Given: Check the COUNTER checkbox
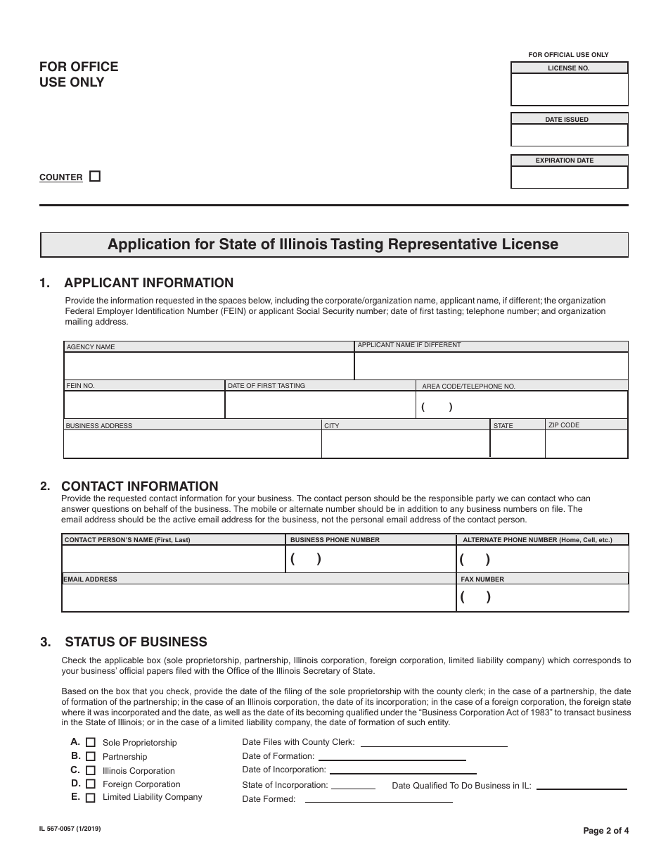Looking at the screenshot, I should click(95, 177).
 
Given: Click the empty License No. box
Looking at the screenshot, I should click(569, 89).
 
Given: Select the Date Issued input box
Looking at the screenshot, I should click(569, 135).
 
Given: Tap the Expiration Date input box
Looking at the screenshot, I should click(569, 177).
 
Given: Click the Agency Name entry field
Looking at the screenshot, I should click(209, 366).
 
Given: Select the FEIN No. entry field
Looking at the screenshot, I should click(144, 405).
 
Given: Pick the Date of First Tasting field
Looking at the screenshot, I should click(320, 405).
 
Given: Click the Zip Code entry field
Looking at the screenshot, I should click(586, 444).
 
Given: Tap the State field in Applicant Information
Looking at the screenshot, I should click(518, 444).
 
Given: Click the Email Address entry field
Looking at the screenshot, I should click(259, 598).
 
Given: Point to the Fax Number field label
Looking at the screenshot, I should click(482, 579).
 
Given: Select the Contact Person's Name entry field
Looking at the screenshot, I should click(173, 559).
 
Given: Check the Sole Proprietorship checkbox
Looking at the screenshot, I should click(91, 742).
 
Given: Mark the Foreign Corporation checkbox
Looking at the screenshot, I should click(91, 784).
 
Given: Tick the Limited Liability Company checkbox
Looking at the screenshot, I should click(91, 798).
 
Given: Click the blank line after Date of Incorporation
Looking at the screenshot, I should click(402, 770).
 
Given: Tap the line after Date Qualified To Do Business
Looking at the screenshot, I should click(582, 785).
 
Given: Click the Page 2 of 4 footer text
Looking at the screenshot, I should click(606, 830).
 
